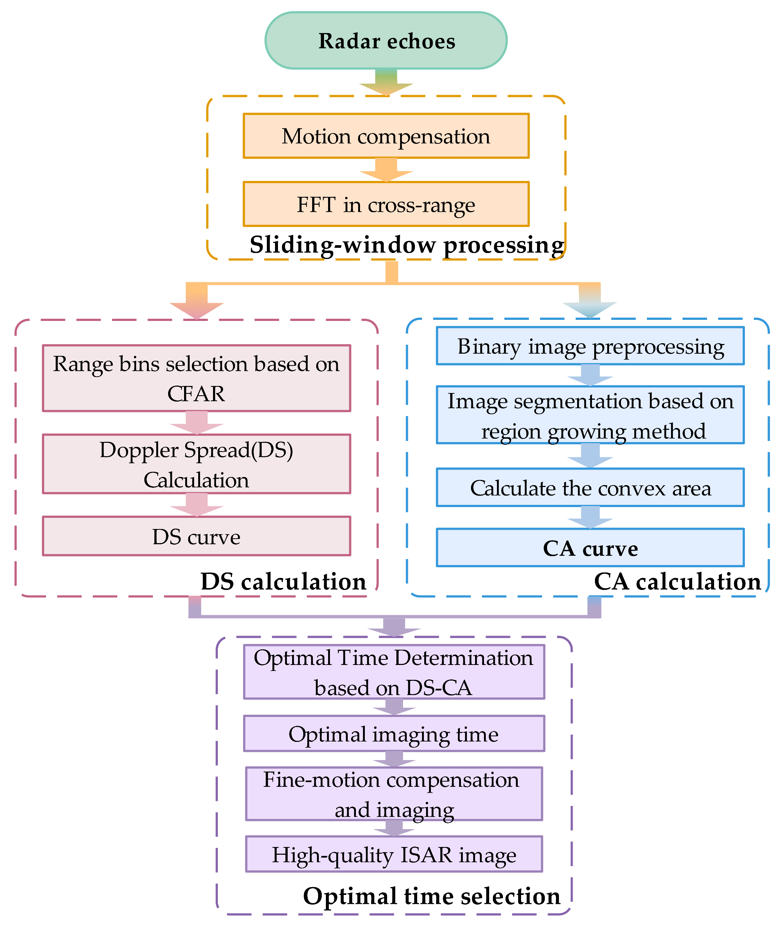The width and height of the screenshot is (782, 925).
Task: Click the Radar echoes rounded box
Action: pyautogui.click(x=386, y=40)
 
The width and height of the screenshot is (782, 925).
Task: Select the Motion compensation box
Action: pyautogui.click(x=386, y=136)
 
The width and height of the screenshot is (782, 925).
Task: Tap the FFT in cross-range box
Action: pyautogui.click(x=386, y=204)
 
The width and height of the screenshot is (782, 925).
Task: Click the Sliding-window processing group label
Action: pyautogui.click(x=406, y=245)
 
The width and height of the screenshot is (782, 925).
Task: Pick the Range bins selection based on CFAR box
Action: pyautogui.click(x=196, y=379)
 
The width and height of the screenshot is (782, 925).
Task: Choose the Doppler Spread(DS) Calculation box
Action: pyautogui.click(x=196, y=464)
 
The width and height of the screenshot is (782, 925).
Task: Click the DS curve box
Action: pyautogui.click(x=196, y=536)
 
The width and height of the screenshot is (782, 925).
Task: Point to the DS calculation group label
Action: pyautogui.click(x=283, y=582)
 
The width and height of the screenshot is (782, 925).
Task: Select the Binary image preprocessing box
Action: pyautogui.click(x=590, y=346)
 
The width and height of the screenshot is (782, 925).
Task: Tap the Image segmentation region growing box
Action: pyautogui.click(x=590, y=415)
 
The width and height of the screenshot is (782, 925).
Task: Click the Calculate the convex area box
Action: pyautogui.click(x=590, y=487)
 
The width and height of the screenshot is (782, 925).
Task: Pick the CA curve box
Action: pyautogui.click(x=590, y=548)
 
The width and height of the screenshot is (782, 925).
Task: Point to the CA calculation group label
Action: pyautogui.click(x=677, y=582)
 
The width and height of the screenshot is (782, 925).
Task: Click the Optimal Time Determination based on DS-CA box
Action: pyautogui.click(x=394, y=672)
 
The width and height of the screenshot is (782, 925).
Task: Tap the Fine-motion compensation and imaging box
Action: pyautogui.click(x=394, y=794)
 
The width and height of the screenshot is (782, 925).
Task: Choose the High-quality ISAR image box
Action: pyautogui.click(x=394, y=854)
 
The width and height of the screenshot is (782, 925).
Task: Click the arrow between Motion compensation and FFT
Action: pyautogui.click(x=386, y=170)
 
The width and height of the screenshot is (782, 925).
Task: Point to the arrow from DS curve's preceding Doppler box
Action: pyautogui.click(x=196, y=505)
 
